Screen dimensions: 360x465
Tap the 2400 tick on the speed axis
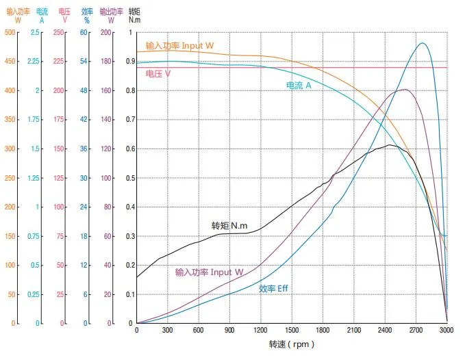(x=384, y=330)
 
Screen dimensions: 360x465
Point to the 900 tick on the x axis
(x=229, y=330)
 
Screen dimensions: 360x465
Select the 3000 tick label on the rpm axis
(x=446, y=330)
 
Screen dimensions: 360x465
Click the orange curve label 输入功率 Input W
(x=179, y=46)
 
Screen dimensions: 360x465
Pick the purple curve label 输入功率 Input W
(x=209, y=272)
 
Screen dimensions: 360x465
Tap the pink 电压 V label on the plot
(x=159, y=73)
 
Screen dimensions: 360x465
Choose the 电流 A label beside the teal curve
(x=299, y=85)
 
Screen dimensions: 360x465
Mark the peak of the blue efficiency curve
(x=422, y=43)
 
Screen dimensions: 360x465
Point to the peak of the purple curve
(x=405, y=89)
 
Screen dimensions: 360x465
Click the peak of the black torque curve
(x=388, y=145)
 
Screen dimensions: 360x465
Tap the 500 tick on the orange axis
(x=10, y=32)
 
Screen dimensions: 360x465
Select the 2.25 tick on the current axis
(x=34, y=62)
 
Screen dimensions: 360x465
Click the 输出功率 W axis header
(x=111, y=16)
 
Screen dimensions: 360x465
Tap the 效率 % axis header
(x=87, y=16)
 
